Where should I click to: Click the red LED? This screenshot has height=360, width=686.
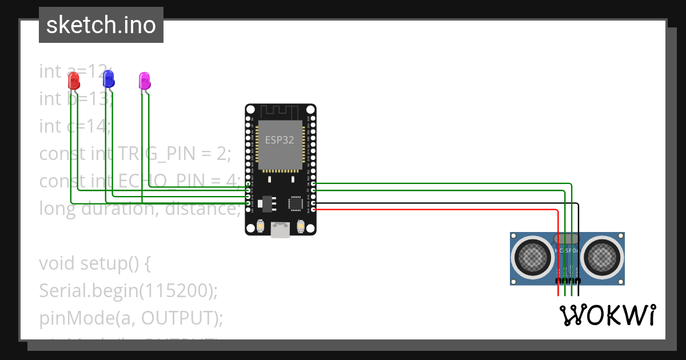[73, 81]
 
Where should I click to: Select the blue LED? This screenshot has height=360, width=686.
[108, 79]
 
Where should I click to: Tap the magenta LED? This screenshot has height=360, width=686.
[145, 81]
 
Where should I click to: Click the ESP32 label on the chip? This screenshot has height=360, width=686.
[280, 139]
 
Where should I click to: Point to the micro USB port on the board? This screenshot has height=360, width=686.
[280, 230]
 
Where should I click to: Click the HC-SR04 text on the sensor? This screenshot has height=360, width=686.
[567, 251]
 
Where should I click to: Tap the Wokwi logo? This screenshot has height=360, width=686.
[607, 315]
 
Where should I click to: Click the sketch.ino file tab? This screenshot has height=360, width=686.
[101, 25]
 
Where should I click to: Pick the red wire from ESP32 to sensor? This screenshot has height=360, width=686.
[434, 210]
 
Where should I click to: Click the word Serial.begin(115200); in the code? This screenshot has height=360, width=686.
[129, 291]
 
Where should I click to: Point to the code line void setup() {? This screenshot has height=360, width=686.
[94, 263]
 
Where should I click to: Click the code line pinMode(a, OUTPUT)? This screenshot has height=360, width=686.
[131, 318]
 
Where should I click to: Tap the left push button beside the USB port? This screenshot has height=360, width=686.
[260, 227]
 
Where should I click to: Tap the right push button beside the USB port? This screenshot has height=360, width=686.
[301, 227]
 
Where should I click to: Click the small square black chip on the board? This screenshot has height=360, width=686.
[296, 203]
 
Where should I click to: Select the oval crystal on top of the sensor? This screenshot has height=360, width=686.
[567, 238]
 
